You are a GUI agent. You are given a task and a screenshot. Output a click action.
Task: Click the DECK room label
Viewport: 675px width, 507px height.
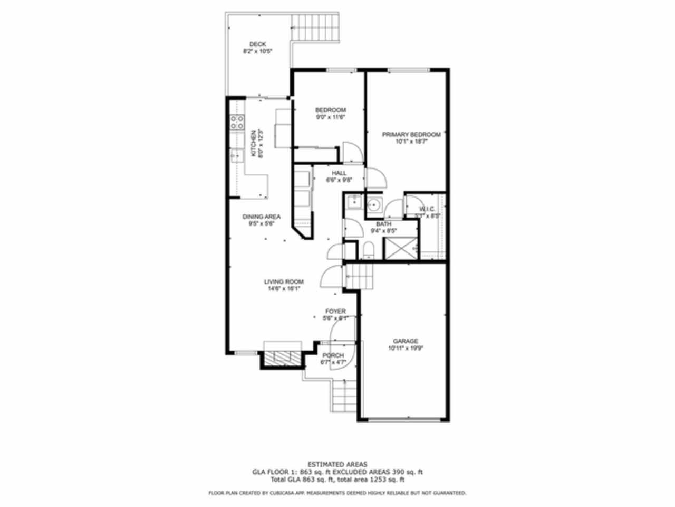click(x=257, y=44)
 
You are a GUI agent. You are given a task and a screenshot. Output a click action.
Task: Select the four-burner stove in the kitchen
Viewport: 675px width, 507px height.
click(x=237, y=123)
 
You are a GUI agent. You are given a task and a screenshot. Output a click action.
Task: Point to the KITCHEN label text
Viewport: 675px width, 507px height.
click(x=254, y=143)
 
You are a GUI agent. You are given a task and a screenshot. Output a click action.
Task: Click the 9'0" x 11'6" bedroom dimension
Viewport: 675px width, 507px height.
click(x=331, y=117)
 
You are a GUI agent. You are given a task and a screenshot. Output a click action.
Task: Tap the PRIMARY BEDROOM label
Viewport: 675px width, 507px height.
click(x=411, y=135)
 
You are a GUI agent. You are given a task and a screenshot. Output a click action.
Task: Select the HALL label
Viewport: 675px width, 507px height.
click(x=339, y=173)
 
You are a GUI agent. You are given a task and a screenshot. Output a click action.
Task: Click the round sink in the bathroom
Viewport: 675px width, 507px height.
click(x=374, y=205)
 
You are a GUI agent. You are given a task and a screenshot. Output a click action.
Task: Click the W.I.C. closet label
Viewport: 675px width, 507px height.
click(x=427, y=209)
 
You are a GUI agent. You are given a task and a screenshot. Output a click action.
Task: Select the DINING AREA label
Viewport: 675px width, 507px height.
click(x=261, y=217)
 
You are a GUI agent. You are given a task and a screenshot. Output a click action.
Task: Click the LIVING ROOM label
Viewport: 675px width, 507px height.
click(x=284, y=282)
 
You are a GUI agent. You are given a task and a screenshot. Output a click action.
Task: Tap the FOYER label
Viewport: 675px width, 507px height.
click(x=335, y=312)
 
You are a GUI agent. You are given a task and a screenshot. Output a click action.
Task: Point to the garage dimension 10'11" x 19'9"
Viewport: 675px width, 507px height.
click(x=406, y=348)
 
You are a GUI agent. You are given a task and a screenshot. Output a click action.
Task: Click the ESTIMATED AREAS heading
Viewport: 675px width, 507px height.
click(x=337, y=464)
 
